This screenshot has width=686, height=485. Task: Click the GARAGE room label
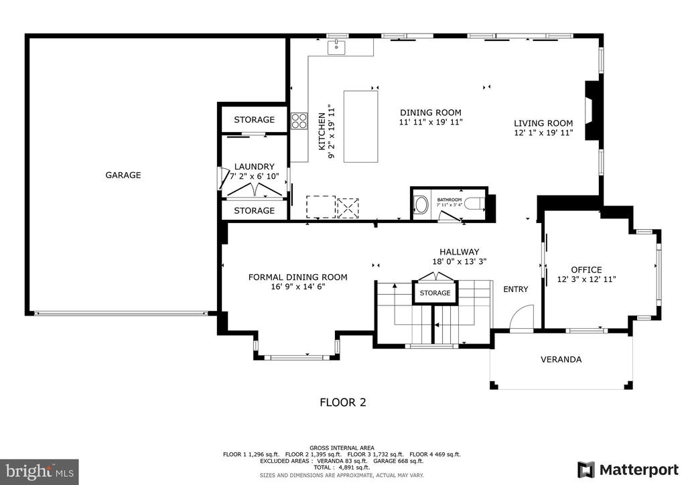click(123, 175)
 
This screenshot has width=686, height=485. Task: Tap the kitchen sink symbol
click(336, 47)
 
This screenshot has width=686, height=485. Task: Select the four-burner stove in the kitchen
click(299, 121)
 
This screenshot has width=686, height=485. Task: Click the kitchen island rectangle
click(361, 127)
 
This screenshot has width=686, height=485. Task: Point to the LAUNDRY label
click(254, 167)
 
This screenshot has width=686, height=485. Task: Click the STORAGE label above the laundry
click(254, 119)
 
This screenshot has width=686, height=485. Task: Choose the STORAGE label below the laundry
click(254, 210)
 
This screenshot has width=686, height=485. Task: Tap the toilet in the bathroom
click(474, 204)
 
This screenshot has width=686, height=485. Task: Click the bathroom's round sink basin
click(421, 205)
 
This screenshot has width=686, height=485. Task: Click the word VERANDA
click(561, 360)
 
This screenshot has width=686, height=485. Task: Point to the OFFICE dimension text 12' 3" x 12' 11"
click(586, 279)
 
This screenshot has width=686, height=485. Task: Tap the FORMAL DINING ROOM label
click(298, 277)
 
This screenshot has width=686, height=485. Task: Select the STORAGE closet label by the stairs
click(435, 293)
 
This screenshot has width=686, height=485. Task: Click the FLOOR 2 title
click(343, 403)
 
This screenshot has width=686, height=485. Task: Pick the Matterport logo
click(628, 470)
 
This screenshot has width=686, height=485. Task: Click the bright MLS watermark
click(40, 472)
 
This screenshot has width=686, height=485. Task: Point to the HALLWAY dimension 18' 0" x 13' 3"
click(460, 261)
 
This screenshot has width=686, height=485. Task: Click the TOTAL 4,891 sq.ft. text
click(342, 468)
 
